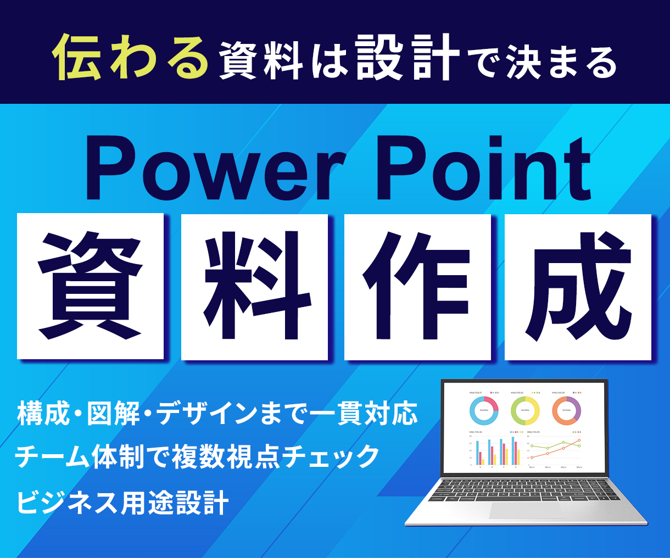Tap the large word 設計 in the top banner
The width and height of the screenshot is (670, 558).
coord(407,58)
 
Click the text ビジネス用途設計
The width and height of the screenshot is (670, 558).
coord(122,502)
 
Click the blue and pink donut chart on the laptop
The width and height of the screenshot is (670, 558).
coord(484,410)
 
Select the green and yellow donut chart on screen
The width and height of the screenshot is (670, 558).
coord(525,410)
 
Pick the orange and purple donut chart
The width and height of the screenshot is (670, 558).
coord(566,410)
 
